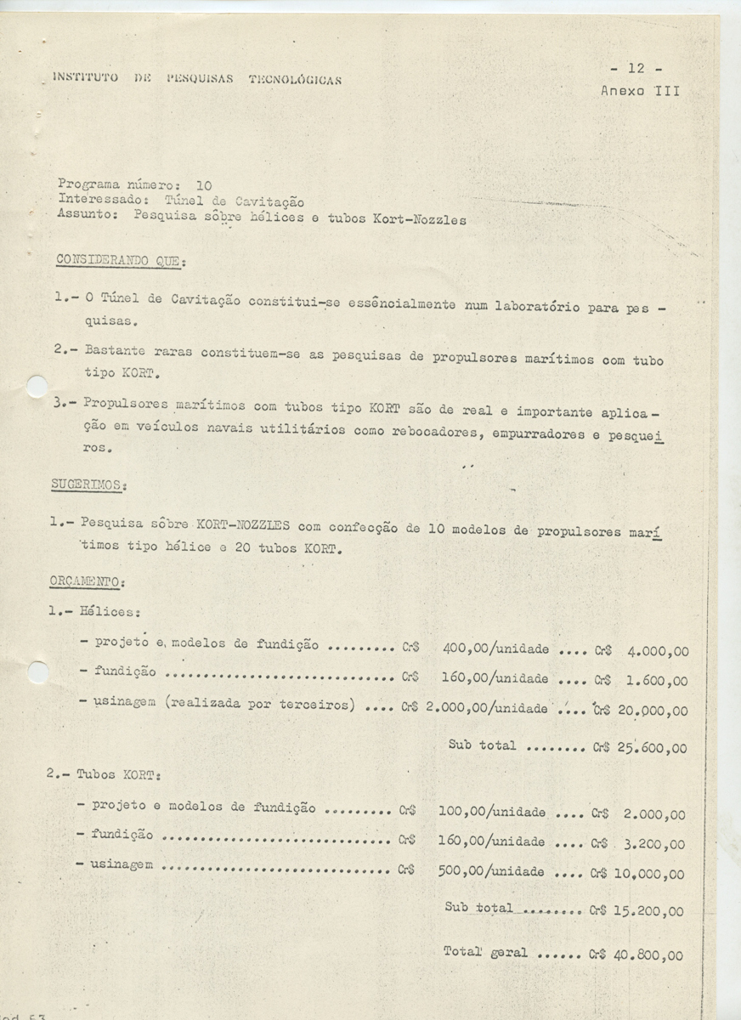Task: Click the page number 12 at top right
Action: pyautogui.click(x=636, y=69)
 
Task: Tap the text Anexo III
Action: pyautogui.click(x=639, y=90)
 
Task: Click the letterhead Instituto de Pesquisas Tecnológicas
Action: pyautogui.click(x=197, y=80)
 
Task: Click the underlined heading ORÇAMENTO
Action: pyautogui.click(x=88, y=581)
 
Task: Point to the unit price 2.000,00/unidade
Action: pyautogui.click(x=486, y=708)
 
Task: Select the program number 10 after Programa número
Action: pyautogui.click(x=204, y=184)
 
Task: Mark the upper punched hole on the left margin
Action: pyautogui.click(x=37, y=388)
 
